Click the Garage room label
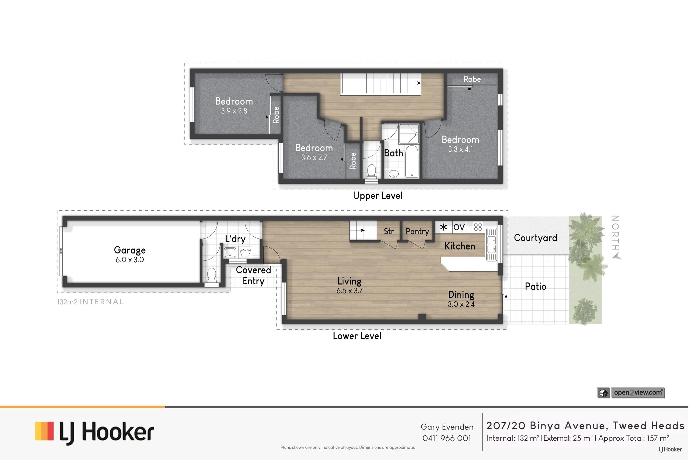(x=130, y=250)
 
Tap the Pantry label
(x=417, y=231)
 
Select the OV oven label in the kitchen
(x=459, y=227)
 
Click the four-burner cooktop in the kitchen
(x=478, y=227)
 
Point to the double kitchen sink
(x=491, y=244)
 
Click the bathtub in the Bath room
(x=412, y=161)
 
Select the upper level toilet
(x=371, y=171)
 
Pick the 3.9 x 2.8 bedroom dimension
(x=234, y=111)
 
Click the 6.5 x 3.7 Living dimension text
(x=349, y=291)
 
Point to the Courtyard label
(x=535, y=238)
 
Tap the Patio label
(x=535, y=286)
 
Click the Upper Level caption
(x=377, y=196)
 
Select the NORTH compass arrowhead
(x=616, y=256)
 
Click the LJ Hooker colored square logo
(x=44, y=431)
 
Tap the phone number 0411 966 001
(x=446, y=438)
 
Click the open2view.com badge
(x=631, y=393)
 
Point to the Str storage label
(x=389, y=231)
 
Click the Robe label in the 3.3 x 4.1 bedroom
(x=472, y=79)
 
